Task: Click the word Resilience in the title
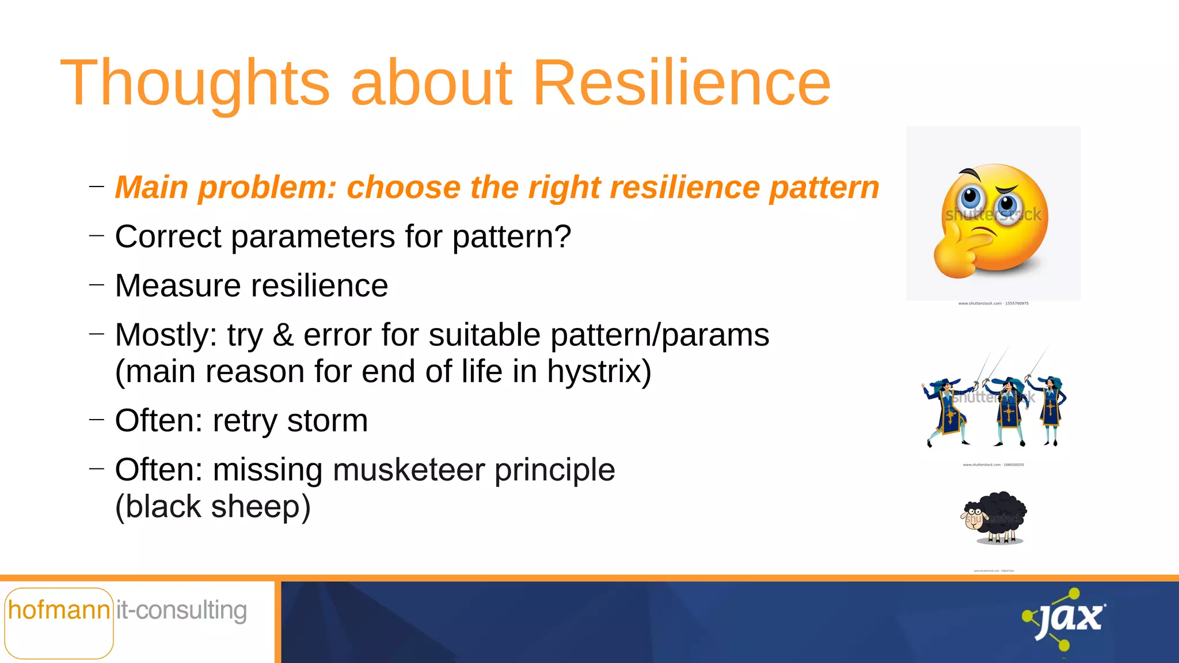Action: pos(682,83)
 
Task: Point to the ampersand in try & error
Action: pos(283,336)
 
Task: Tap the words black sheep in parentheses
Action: pos(212,507)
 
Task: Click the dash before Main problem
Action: pos(97,186)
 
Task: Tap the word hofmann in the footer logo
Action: pos(59,610)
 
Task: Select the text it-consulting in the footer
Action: pos(181,610)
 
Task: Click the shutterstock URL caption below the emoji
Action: pos(993,303)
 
